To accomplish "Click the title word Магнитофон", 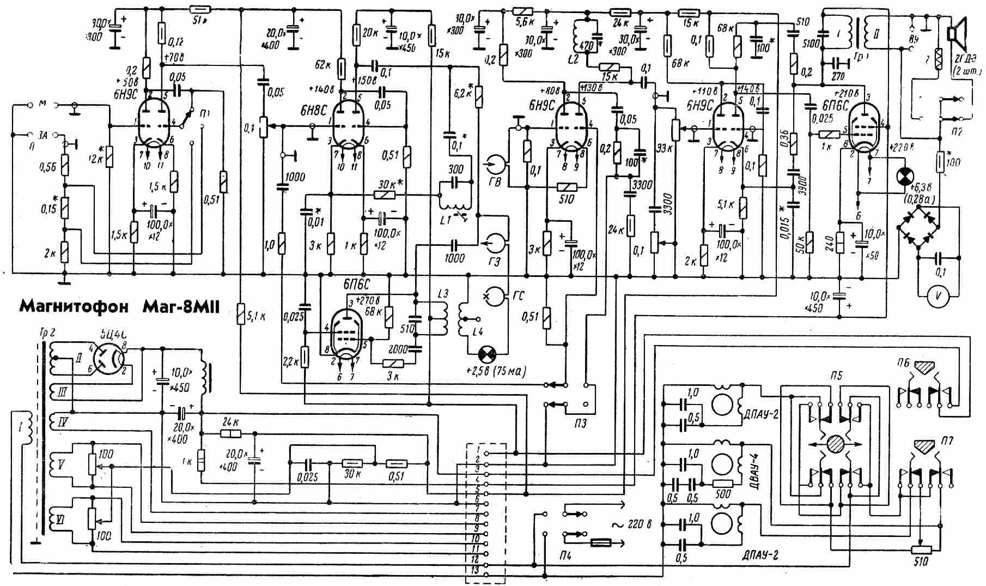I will pos(74,307).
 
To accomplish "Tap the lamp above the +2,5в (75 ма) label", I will pos(485,354).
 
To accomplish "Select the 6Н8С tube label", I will pos(313,109).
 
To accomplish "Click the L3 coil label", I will pos(442,294).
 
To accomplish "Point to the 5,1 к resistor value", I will pos(256,316).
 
